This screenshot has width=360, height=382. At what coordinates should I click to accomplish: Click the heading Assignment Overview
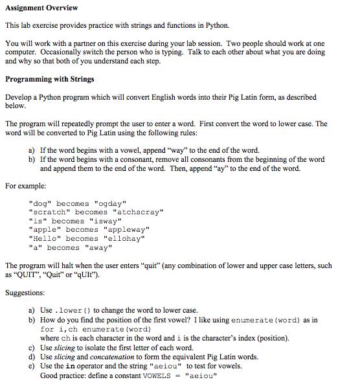(41, 8)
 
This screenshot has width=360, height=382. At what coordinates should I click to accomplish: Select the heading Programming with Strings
(49, 80)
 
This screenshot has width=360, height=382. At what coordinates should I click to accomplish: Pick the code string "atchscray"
(138, 212)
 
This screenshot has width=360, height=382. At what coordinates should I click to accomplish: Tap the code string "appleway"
(126, 229)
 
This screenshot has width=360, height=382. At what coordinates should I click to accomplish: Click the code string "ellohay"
(124, 238)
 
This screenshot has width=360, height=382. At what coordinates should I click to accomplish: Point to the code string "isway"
(106, 221)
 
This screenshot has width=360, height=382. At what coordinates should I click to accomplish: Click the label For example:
(26, 185)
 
